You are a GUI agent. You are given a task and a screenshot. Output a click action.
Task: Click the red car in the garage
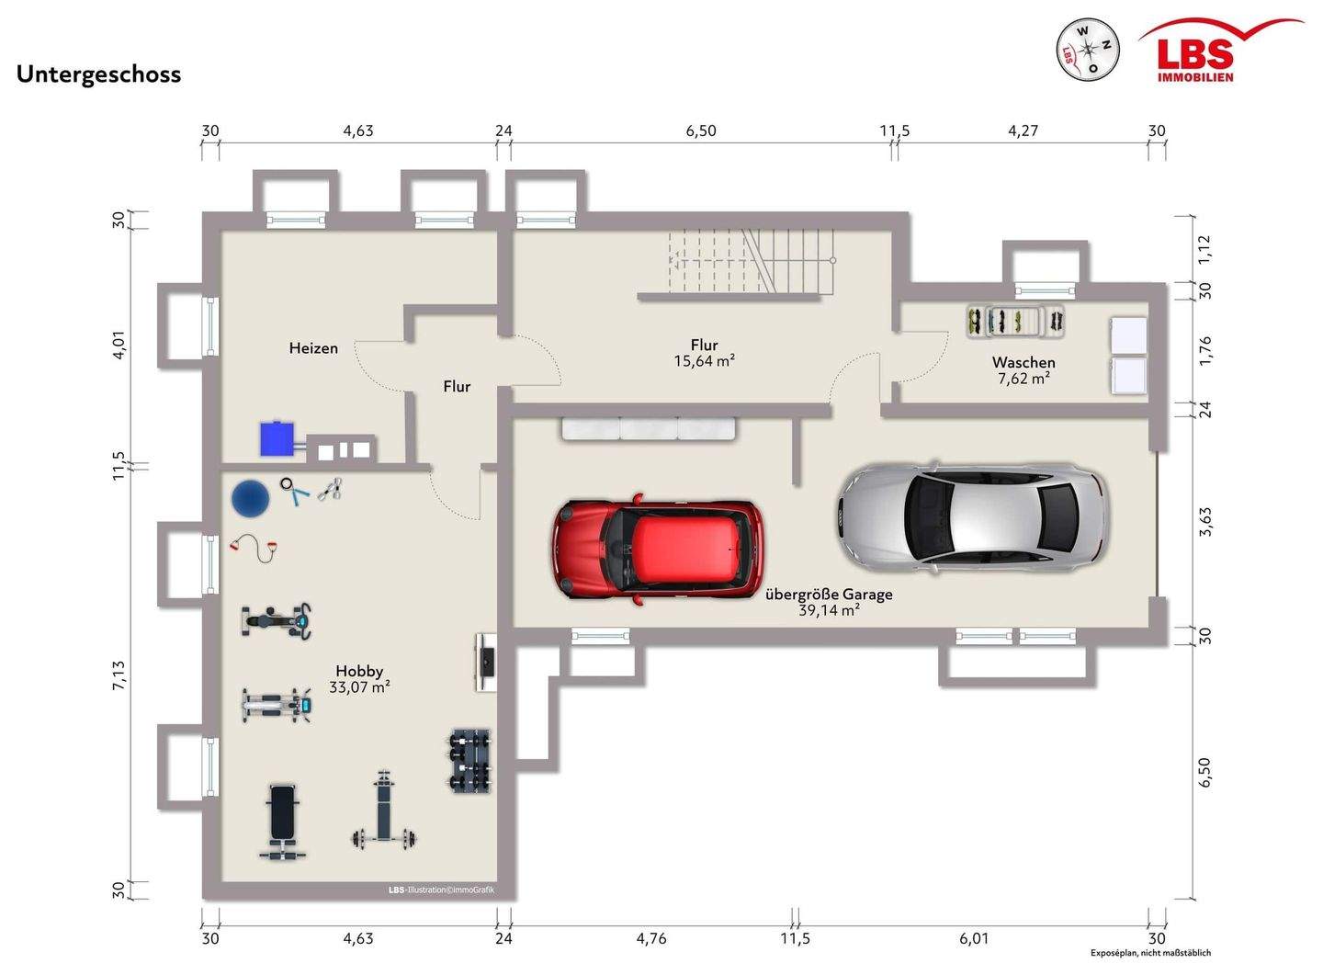click(x=656, y=550)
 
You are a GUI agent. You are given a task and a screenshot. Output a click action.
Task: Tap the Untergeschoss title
click(x=98, y=75)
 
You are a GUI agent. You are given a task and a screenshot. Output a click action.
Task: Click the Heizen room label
click(x=313, y=348)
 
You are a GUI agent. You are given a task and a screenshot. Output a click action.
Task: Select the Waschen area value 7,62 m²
click(x=1023, y=379)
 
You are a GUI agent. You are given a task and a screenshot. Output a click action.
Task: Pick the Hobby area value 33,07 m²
click(x=359, y=687)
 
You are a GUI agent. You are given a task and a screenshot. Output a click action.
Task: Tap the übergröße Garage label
click(x=829, y=595)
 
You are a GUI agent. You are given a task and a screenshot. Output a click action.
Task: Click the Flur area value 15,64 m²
click(x=704, y=361)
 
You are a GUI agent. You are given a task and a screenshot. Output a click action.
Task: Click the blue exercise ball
click(x=250, y=497)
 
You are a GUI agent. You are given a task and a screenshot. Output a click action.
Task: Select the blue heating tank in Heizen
click(x=277, y=437)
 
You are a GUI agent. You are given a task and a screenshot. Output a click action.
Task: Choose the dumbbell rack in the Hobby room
click(x=469, y=761)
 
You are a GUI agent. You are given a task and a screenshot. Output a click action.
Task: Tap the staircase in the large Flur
click(x=752, y=261)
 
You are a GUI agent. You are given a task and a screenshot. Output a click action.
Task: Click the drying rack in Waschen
click(x=1016, y=322)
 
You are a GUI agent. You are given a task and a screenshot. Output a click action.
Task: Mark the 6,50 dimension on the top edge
click(x=701, y=130)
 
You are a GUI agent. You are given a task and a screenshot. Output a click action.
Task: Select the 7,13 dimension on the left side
click(x=119, y=675)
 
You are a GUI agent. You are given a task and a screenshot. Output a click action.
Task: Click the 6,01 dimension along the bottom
click(x=973, y=939)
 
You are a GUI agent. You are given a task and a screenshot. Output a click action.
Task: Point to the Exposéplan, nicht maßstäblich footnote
click(x=1150, y=953)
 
